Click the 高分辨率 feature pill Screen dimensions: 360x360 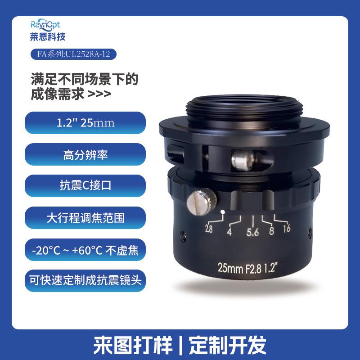coord(85,155)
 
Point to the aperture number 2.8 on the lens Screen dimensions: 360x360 coord(209,228)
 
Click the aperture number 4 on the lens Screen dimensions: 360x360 coord(229,232)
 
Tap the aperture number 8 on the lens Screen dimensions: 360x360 coord(271,232)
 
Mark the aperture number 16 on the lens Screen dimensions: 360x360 coord(286,228)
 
